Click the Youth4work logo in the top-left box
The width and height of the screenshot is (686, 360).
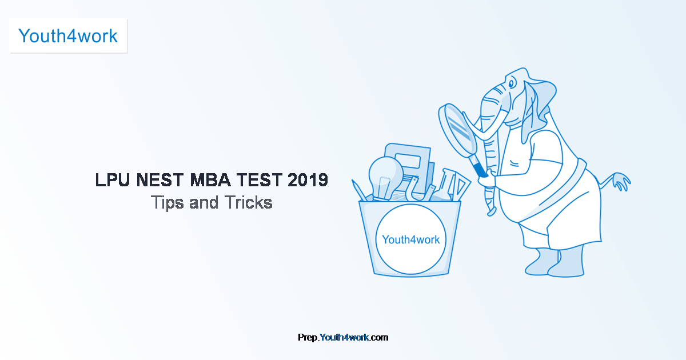tap(68, 36)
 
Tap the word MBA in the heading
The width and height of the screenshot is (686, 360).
tap(210, 179)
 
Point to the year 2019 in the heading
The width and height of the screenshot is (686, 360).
tap(308, 179)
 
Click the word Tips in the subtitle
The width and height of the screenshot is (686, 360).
tap(167, 203)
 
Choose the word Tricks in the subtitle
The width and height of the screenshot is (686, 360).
tap(248, 202)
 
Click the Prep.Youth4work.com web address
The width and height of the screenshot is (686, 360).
tap(343, 337)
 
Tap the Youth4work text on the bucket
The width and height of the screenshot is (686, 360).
tap(410, 239)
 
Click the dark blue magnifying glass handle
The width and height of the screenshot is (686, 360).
tap(480, 169)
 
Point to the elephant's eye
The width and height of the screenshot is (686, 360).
tap(511, 83)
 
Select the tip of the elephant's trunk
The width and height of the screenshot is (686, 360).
tap(492, 211)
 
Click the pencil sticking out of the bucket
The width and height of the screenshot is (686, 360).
tap(359, 190)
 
